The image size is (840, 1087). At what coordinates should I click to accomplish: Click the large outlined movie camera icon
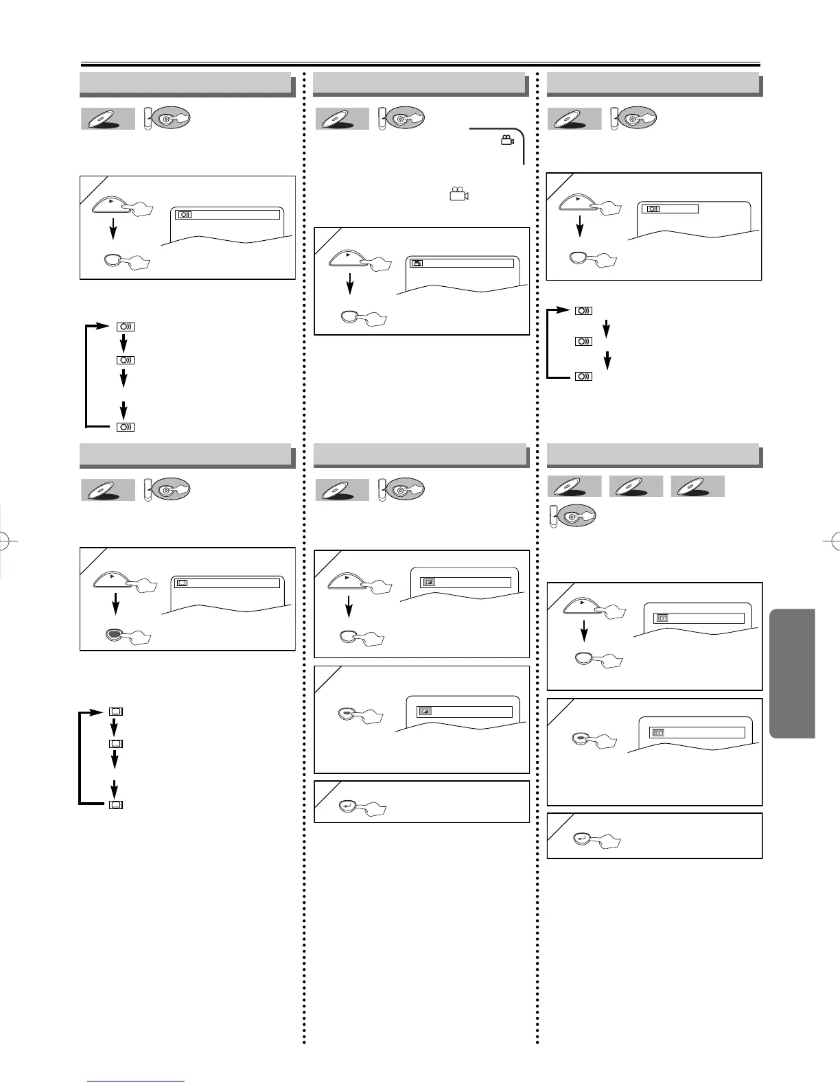(x=458, y=195)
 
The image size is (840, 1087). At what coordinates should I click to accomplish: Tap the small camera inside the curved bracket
(x=507, y=141)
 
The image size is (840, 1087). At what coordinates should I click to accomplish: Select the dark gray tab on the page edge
(x=793, y=673)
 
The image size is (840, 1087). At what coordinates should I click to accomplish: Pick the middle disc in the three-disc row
(x=635, y=487)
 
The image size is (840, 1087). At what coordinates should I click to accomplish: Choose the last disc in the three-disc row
(x=697, y=487)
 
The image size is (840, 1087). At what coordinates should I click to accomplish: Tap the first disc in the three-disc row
(x=574, y=487)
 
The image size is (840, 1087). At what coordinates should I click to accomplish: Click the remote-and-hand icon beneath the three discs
(x=573, y=517)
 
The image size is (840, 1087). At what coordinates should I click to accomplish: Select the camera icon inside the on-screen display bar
(x=417, y=263)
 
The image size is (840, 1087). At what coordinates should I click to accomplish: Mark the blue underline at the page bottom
(x=136, y=1082)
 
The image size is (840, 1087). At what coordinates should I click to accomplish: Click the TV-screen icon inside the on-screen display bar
(x=182, y=583)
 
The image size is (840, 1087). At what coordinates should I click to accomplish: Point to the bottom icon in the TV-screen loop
(x=116, y=804)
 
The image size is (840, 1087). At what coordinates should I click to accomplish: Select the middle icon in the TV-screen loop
(x=116, y=744)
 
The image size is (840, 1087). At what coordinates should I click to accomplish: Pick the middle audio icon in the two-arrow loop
(x=583, y=341)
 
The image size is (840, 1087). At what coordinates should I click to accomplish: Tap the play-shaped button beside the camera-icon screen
(x=351, y=257)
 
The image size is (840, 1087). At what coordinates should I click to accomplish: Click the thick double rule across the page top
(x=420, y=63)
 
